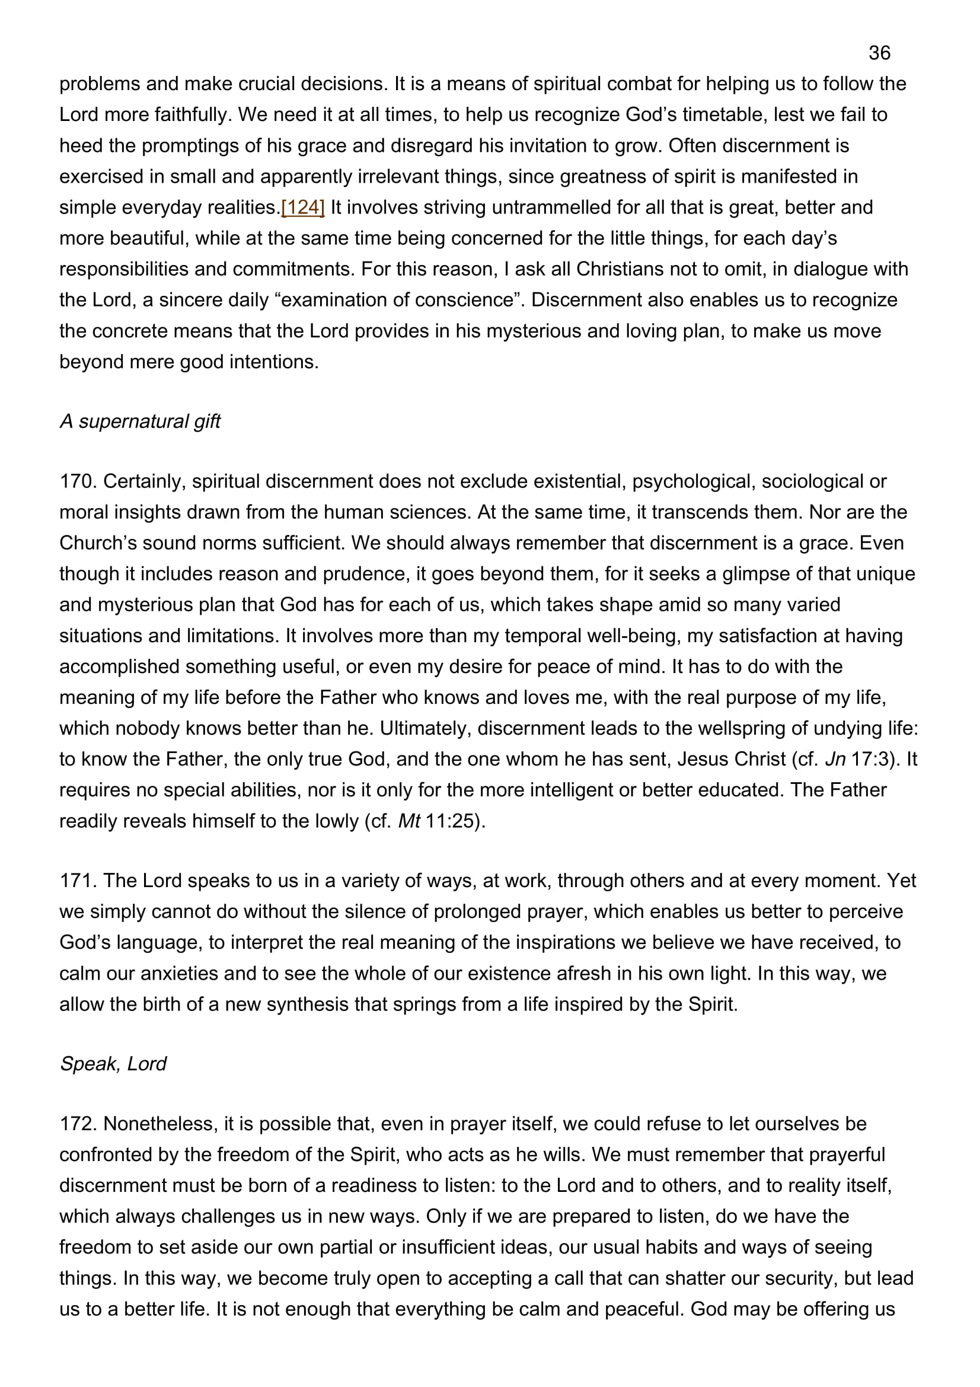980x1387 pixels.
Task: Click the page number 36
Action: [x=879, y=53]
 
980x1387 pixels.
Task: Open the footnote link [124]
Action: [x=303, y=207]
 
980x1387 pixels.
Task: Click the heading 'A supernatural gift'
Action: [x=140, y=421]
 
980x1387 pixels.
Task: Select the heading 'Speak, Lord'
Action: [x=113, y=1063]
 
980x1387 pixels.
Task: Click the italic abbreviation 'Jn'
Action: [x=835, y=759]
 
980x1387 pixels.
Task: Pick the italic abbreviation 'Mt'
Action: [x=409, y=821]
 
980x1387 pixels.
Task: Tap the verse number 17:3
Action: [x=873, y=759]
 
